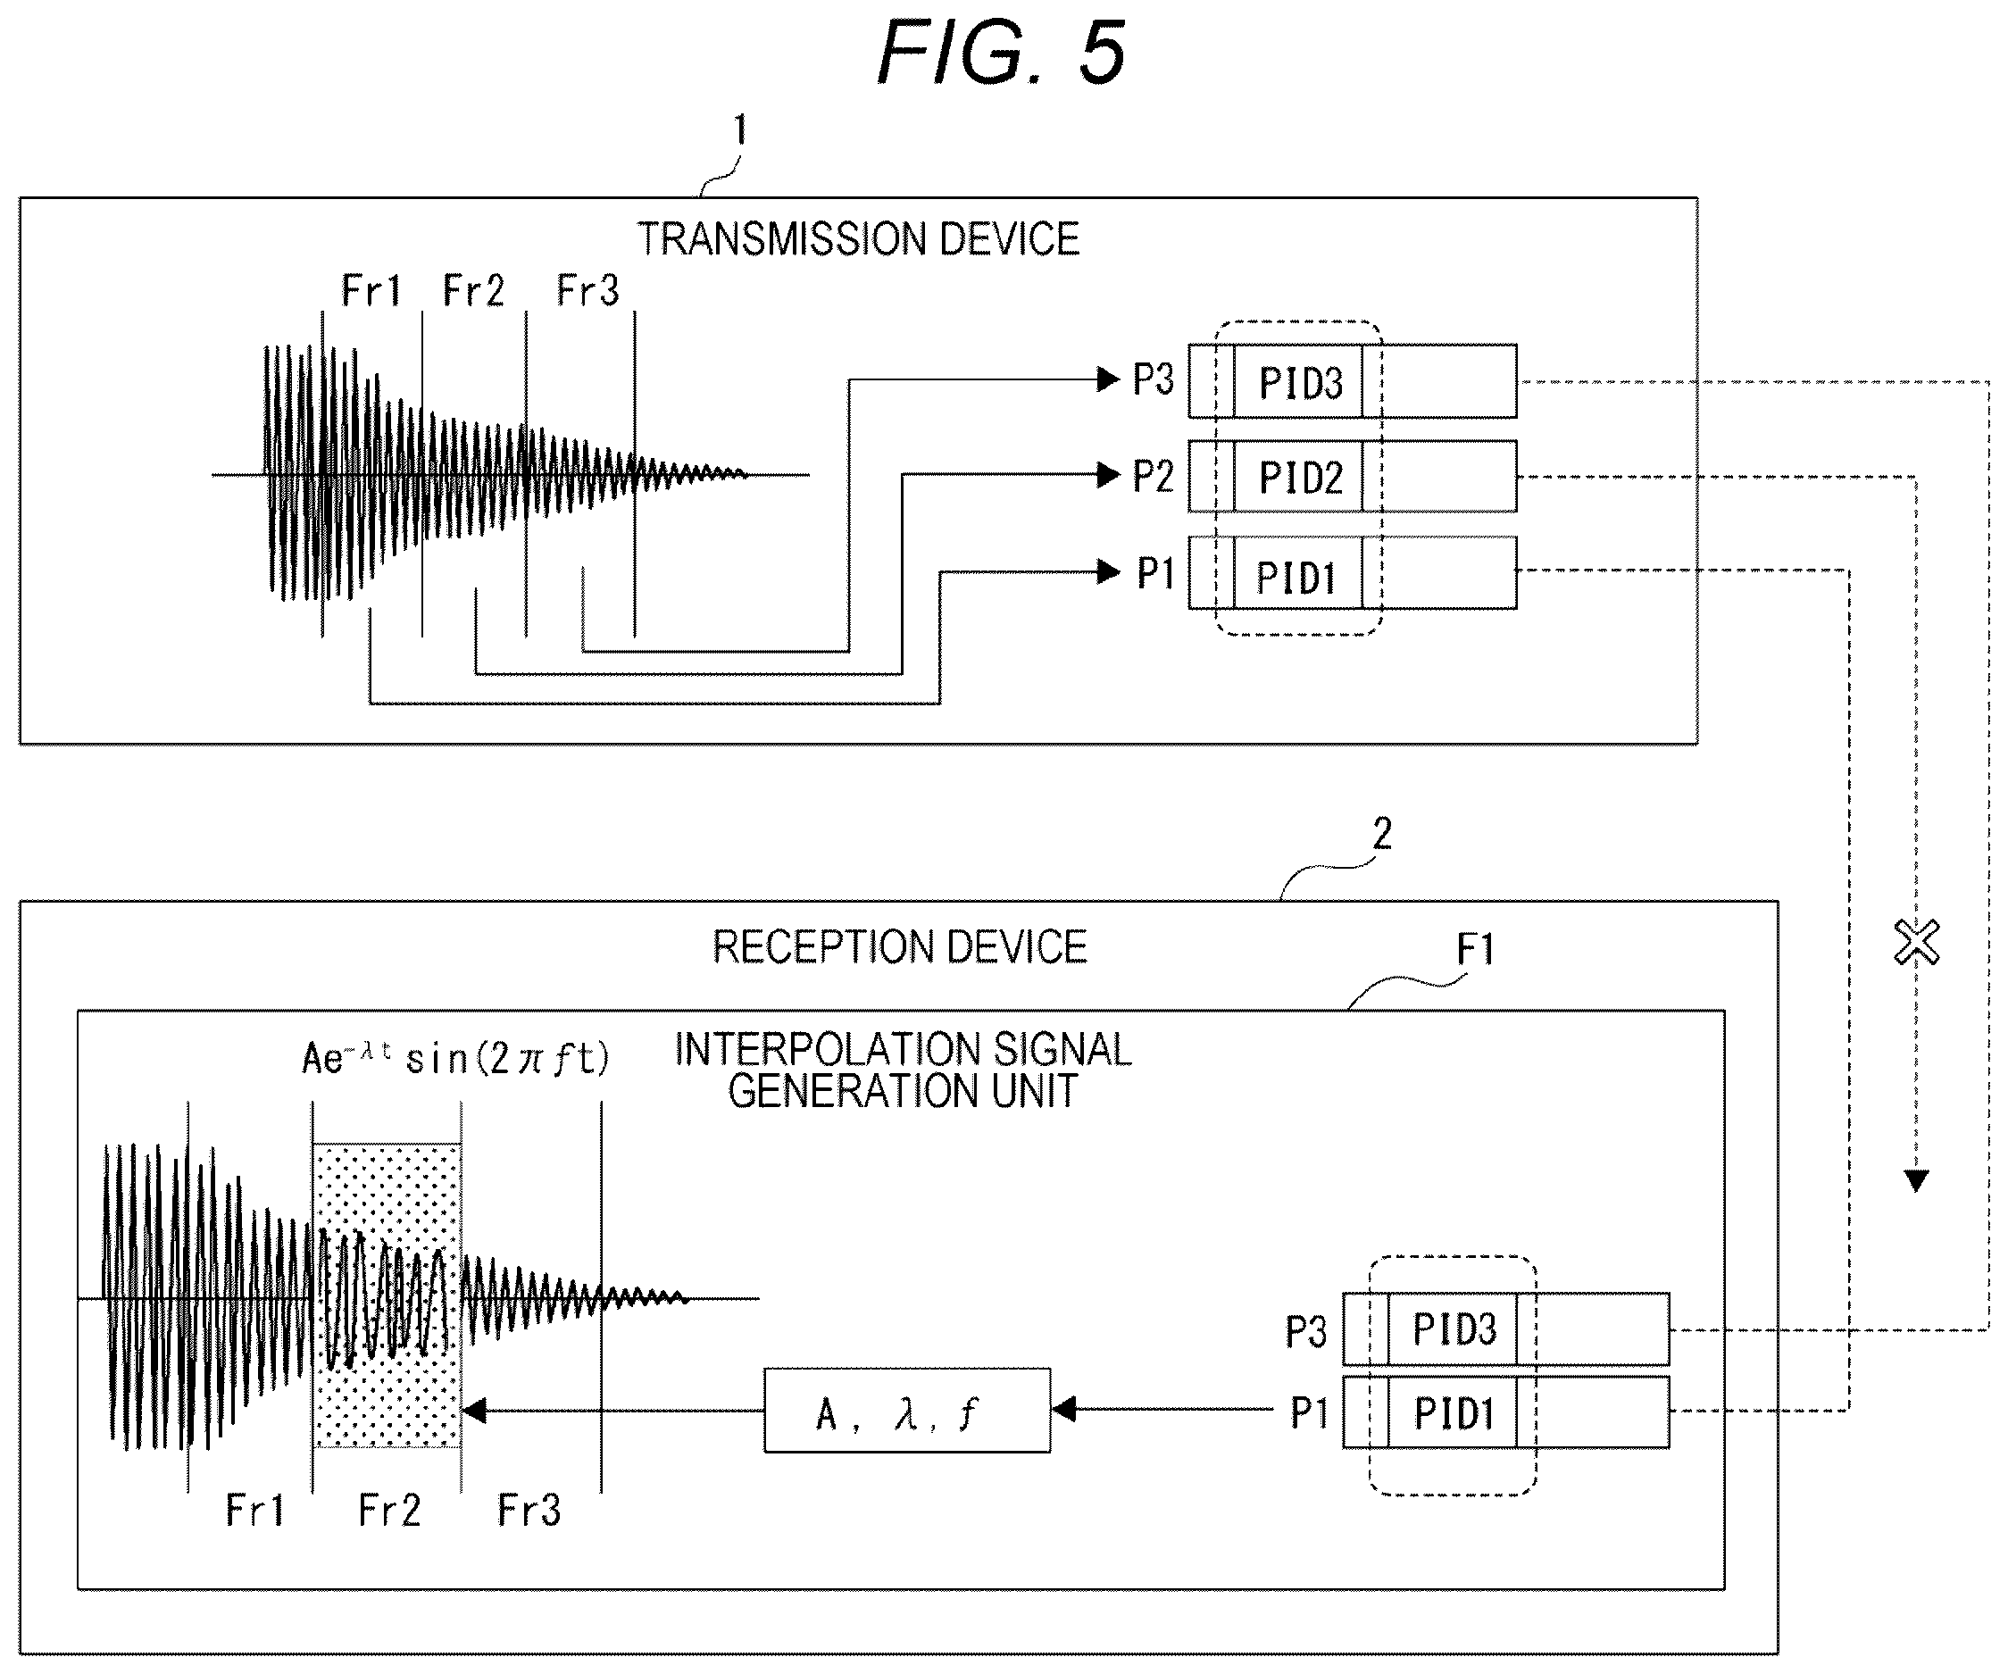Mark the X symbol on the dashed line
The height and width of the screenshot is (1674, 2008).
[x=1916, y=943]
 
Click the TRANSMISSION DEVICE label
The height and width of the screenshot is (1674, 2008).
[x=858, y=239]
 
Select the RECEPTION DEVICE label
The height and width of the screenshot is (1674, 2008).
[x=900, y=947]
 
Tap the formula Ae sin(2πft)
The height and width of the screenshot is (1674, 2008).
[x=455, y=1058]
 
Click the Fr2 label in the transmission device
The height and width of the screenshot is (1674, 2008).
[x=473, y=291]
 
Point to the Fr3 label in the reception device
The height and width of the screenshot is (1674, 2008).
[x=529, y=1511]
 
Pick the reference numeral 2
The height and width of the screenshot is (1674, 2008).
[x=1382, y=835]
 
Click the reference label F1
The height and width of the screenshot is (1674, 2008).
[x=1474, y=949]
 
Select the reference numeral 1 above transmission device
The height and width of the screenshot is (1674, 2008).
[x=740, y=130]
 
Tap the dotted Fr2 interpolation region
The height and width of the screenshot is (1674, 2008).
[x=387, y=1295]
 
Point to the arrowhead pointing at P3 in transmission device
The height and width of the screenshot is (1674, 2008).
[x=1109, y=379]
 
